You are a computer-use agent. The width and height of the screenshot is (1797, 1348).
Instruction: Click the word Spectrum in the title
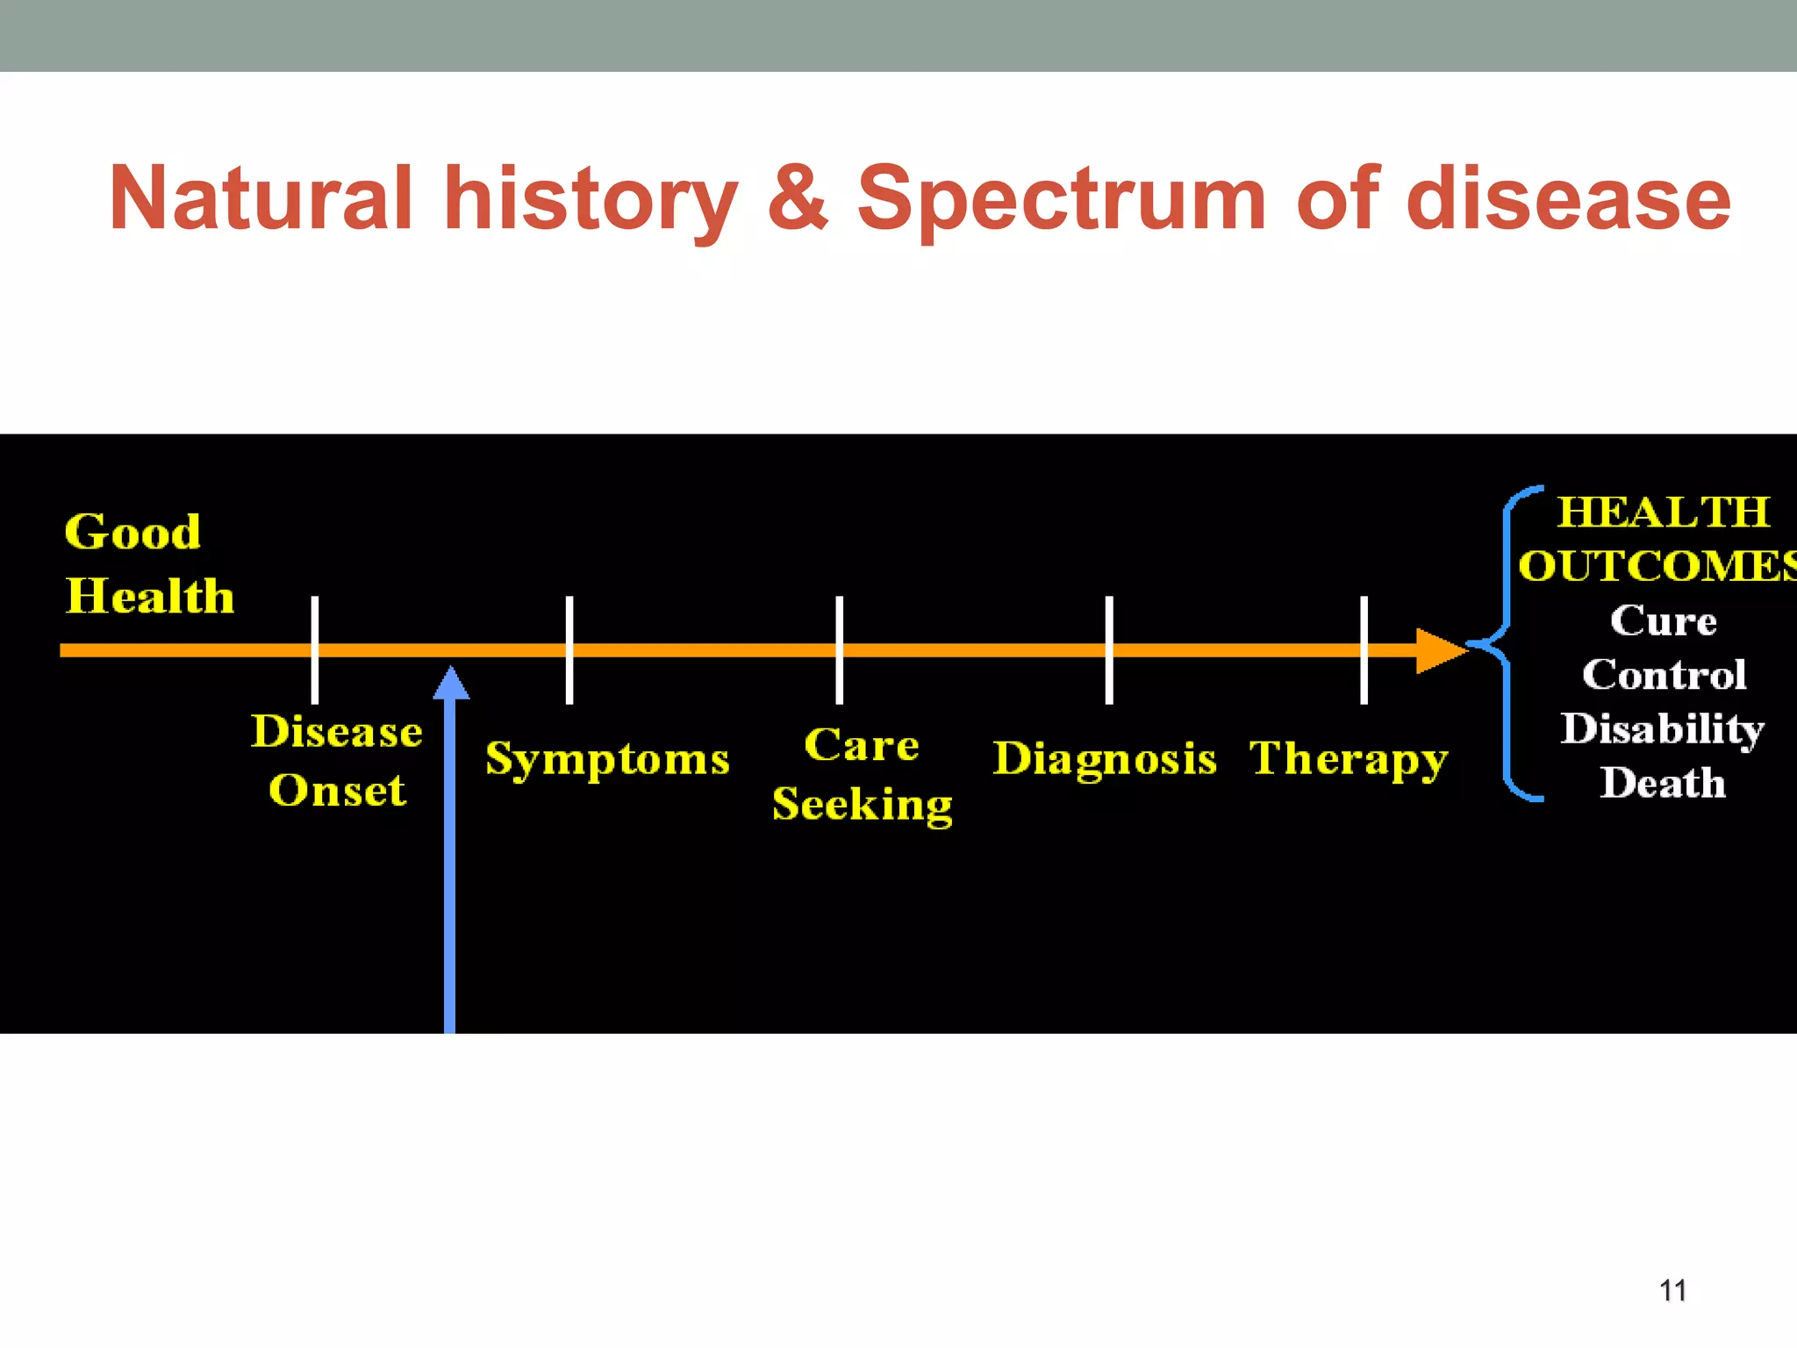[x=1060, y=199]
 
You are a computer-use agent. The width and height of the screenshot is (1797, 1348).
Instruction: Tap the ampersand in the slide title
[x=797, y=199]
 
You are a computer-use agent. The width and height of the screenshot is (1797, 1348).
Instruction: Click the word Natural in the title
[x=261, y=199]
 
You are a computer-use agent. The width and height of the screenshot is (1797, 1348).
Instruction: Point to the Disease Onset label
[x=337, y=761]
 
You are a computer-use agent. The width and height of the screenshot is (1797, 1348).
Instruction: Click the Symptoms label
[x=607, y=759]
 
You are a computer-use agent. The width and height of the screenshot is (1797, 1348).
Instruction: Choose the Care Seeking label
[x=863, y=774]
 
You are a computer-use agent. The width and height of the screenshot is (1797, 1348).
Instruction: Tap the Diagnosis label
[x=1105, y=759]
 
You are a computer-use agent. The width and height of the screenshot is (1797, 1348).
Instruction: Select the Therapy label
[x=1348, y=759]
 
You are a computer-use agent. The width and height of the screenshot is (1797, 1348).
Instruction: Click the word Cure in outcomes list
[x=1663, y=621]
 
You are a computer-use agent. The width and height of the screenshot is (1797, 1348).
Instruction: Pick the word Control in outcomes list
[x=1664, y=675]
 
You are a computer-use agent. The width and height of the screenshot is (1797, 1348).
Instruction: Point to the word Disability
[x=1662, y=729]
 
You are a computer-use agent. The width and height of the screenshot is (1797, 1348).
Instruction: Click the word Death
[x=1663, y=783]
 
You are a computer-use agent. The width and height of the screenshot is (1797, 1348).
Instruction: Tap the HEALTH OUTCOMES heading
[x=1658, y=539]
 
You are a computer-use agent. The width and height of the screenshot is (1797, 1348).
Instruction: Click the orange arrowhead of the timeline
[x=1439, y=650]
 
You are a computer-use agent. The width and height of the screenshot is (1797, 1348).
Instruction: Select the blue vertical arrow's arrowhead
[x=451, y=684]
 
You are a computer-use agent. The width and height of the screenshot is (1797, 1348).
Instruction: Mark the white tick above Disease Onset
[x=315, y=649]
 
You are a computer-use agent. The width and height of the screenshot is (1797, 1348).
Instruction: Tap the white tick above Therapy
[x=1364, y=649]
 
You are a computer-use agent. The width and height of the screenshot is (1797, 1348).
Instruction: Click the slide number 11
[x=1672, y=1290]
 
